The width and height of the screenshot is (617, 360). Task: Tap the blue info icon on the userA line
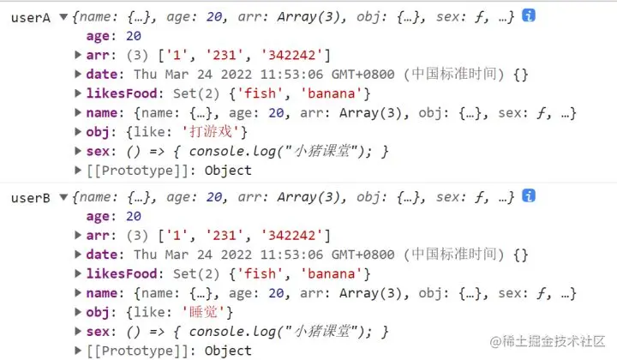tap(530, 16)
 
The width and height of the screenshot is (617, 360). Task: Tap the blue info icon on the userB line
tap(530, 196)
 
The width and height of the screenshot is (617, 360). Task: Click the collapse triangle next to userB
tap(64, 198)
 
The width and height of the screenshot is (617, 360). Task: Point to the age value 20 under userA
tap(133, 37)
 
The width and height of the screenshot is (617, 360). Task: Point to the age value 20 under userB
tap(133, 217)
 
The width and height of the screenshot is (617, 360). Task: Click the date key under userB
tap(102, 255)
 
